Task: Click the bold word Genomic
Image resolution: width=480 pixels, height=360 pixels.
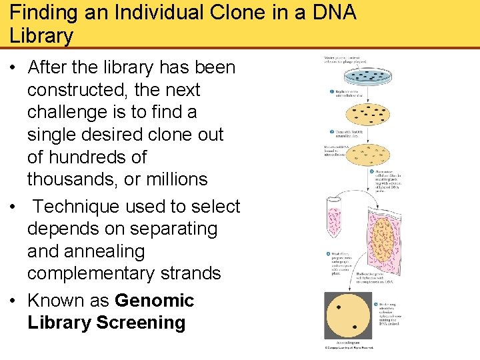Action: pyautogui.click(x=154, y=301)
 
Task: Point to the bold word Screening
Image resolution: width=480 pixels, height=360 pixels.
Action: pyautogui.click(x=141, y=323)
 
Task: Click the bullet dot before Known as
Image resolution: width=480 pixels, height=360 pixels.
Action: pyautogui.click(x=14, y=301)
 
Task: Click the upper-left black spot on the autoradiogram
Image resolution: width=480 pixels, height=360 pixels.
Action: pyautogui.click(x=338, y=307)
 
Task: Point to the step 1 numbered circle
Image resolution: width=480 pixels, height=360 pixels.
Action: pyautogui.click(x=331, y=92)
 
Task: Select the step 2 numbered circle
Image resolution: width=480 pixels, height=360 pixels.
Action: pyautogui.click(x=331, y=132)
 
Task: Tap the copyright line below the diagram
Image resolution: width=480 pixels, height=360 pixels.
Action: pyautogui.click(x=348, y=349)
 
